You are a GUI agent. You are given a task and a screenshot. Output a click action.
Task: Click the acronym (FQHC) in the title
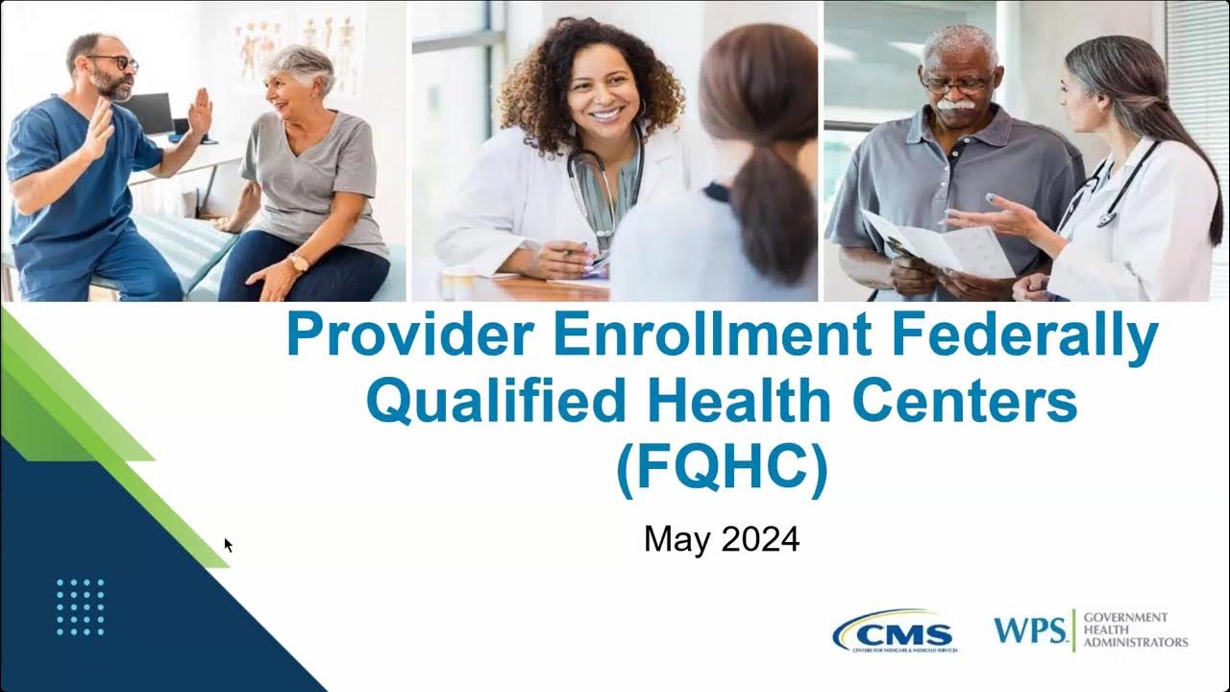point(721,468)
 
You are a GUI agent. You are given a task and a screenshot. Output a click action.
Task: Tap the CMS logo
point(894,632)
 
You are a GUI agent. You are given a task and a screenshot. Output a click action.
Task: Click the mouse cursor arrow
point(228,544)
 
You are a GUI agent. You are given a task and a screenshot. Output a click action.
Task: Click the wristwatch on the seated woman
point(299,262)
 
